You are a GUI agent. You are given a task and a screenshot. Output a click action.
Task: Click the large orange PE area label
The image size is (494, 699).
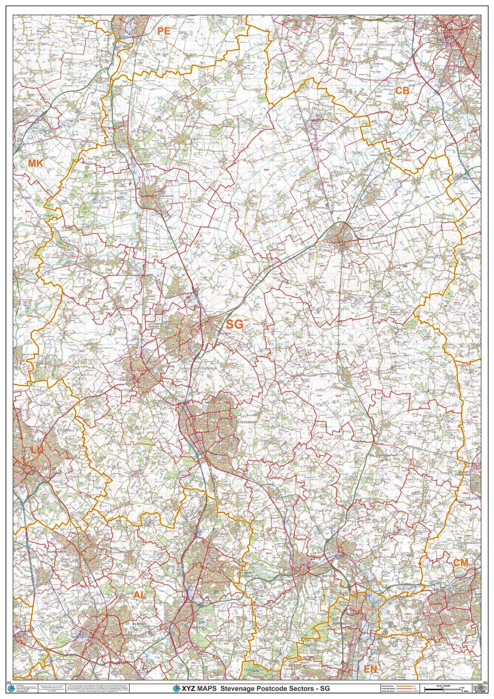pos(163,31)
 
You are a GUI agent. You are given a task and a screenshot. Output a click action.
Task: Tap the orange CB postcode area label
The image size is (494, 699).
pos(402,90)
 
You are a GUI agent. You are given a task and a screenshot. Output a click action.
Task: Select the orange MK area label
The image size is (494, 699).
pos(35,163)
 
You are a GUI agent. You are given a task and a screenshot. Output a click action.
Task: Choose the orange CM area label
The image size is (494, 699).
pos(461,563)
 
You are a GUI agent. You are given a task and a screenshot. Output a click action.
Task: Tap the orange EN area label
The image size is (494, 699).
pos(371,669)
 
